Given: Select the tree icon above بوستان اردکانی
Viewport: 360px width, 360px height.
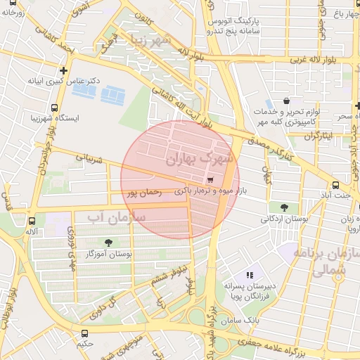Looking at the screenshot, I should (283, 207).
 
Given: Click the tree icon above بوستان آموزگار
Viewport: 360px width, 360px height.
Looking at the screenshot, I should (107, 241).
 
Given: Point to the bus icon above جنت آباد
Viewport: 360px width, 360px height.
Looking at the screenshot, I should (336, 186).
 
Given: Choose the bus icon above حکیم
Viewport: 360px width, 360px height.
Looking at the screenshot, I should (84, 333).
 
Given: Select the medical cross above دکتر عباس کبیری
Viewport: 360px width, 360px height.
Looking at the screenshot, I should (64, 70).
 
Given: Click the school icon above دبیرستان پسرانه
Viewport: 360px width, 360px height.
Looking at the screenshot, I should (248, 275).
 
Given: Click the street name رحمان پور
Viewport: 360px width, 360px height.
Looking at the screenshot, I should (144, 191).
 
